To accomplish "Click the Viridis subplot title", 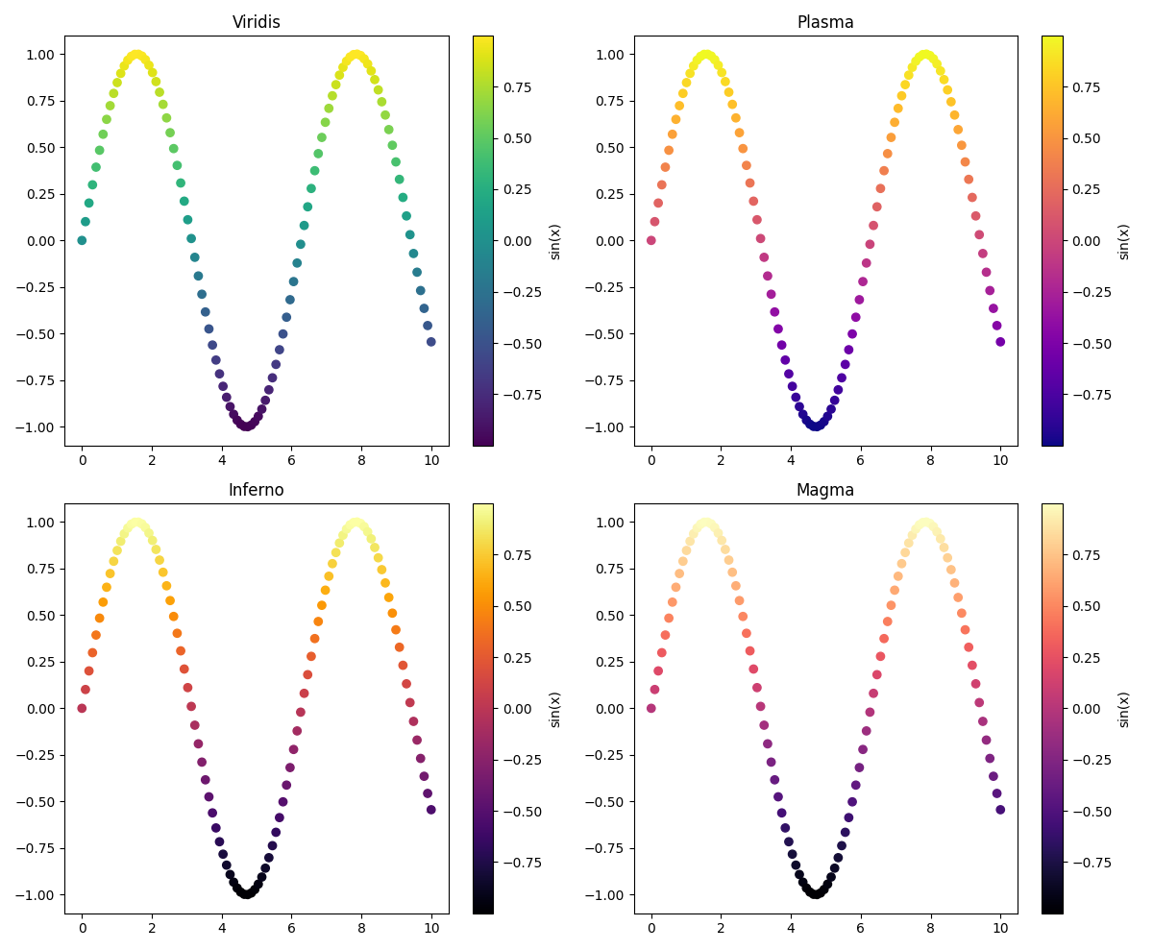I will click(257, 22).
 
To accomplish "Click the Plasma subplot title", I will click(825, 22).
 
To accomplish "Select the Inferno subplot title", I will click(257, 490).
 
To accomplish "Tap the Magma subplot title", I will click(825, 490).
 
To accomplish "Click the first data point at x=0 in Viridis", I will click(82, 240).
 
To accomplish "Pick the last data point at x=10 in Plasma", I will click(1000, 342).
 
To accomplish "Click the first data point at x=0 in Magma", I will click(650, 708).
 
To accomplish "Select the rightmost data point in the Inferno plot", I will click(431, 810).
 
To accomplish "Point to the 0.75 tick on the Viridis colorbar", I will click(518, 86).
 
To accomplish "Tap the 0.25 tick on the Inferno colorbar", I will click(518, 657).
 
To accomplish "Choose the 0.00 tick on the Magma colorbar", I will click(1087, 708).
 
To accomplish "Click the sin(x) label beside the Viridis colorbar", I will click(555, 241).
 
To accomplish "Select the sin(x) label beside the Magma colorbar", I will click(1124, 709).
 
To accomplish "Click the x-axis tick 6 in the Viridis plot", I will click(292, 459).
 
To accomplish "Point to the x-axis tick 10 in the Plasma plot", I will click(1000, 459).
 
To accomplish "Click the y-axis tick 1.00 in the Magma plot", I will click(608, 522).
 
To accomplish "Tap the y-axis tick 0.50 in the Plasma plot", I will click(608, 147).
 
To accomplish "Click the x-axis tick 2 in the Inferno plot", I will click(152, 927).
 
